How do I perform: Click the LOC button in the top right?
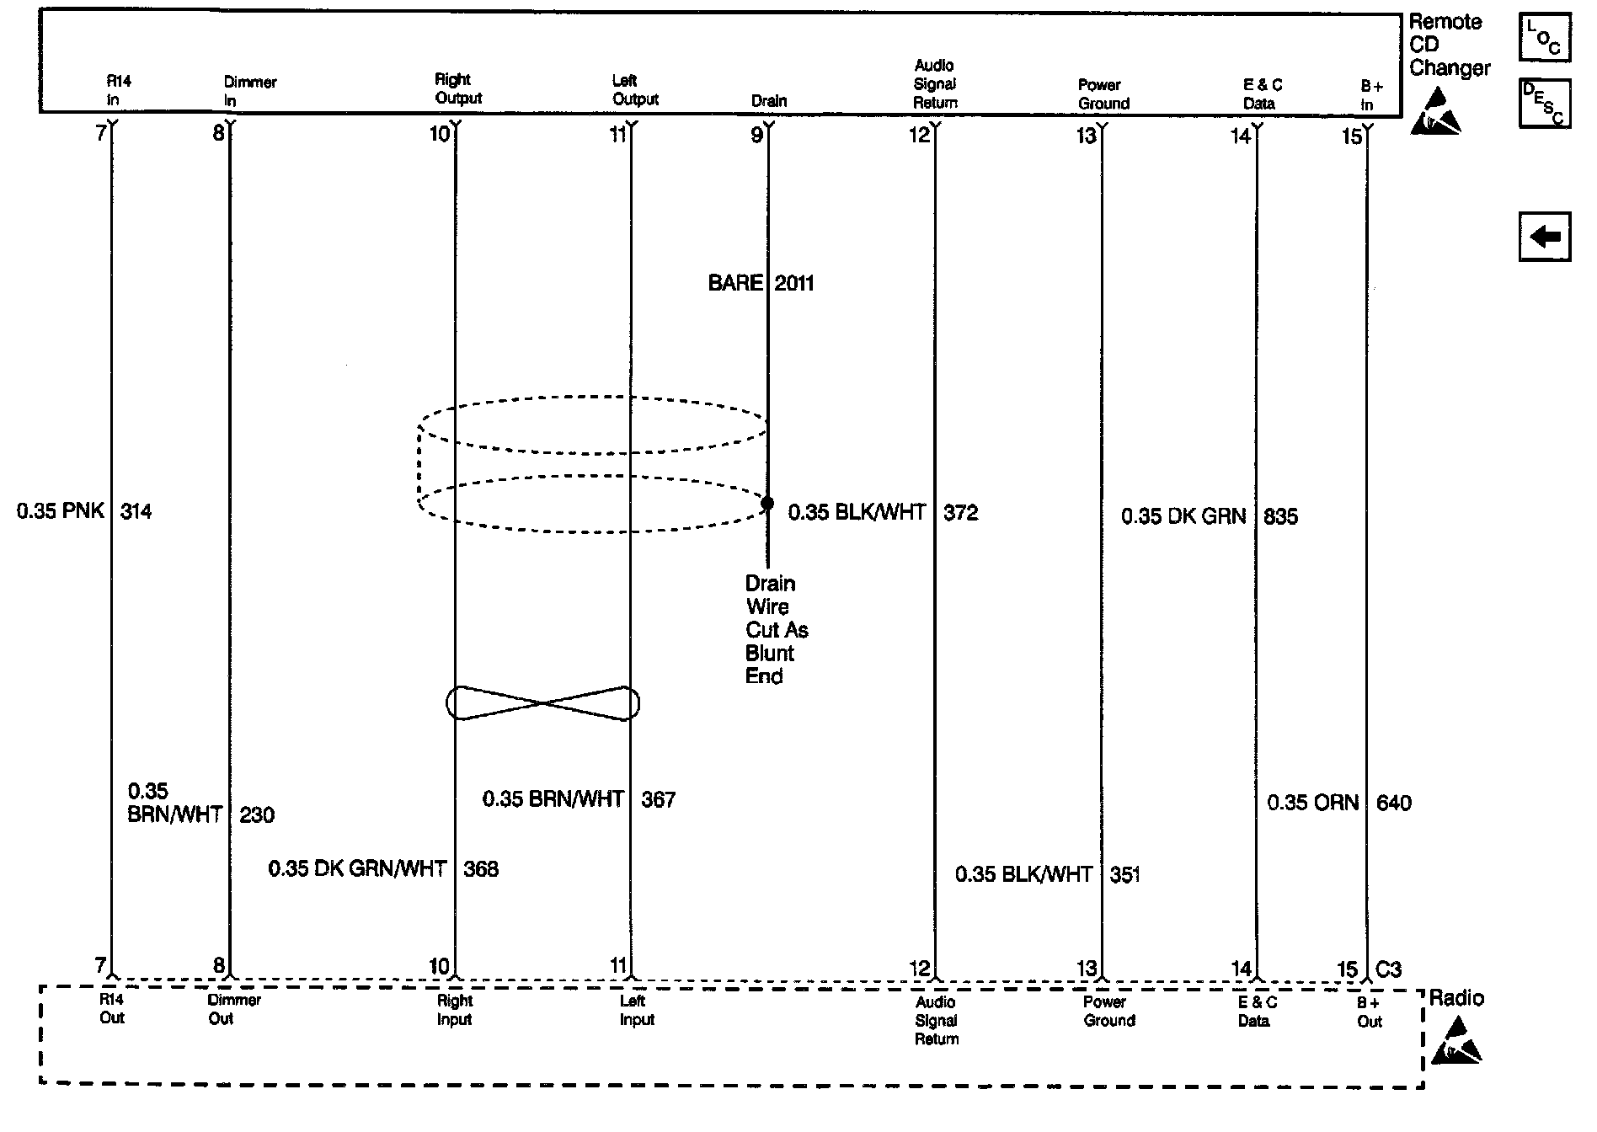(1544, 38)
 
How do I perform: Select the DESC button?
(1544, 103)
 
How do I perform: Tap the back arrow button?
(1544, 237)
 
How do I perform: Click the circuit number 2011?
(794, 284)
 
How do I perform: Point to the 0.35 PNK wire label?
(61, 510)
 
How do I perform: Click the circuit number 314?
(136, 511)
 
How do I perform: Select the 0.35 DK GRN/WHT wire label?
(357, 868)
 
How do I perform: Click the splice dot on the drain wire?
(767, 504)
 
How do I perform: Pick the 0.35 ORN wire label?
(1312, 803)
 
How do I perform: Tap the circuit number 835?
(1280, 516)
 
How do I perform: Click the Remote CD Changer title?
(1449, 45)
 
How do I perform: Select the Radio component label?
(1456, 999)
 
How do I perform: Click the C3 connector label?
(1388, 969)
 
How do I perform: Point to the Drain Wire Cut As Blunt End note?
(776, 629)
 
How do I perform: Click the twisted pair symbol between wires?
(542, 702)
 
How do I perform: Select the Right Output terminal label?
(457, 88)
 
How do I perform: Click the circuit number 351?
(1124, 875)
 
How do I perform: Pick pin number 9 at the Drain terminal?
(756, 135)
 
